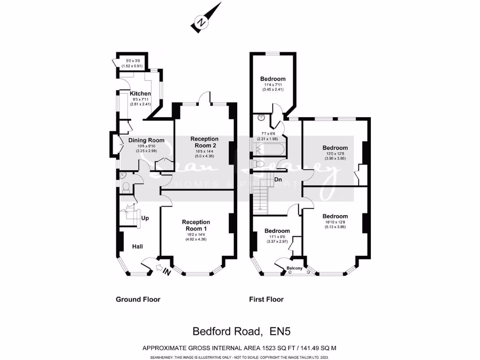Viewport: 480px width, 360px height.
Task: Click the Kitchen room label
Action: coord(140,94)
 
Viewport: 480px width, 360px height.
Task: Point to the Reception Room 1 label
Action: coord(196,225)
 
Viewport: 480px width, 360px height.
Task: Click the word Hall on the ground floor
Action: coord(137,247)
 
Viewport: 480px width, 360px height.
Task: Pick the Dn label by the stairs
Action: coord(278,180)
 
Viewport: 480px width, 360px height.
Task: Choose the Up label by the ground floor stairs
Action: coord(145,218)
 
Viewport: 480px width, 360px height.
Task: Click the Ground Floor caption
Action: coord(138,300)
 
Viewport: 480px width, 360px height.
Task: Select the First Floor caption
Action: coord(266,300)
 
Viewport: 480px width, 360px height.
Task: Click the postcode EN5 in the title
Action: coord(280,331)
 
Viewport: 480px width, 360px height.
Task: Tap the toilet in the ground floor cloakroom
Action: coord(125,187)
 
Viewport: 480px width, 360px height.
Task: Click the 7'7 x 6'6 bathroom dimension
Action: coord(267,134)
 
